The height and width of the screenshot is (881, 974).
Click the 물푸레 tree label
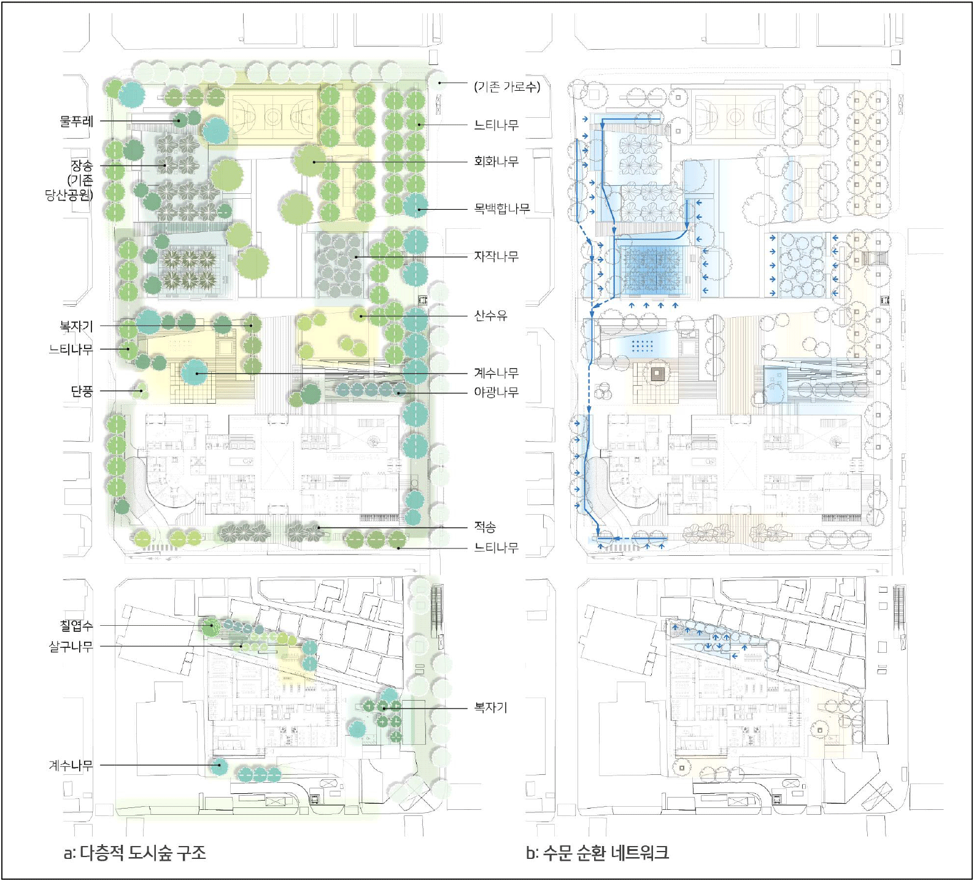click(x=77, y=121)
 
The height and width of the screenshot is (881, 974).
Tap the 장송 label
click(x=82, y=166)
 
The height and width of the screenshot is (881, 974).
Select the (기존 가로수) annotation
click(x=507, y=87)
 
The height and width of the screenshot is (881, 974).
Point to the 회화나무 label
click(x=496, y=161)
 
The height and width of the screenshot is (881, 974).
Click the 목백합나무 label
click(x=501, y=209)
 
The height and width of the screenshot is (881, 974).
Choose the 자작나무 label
click(x=496, y=256)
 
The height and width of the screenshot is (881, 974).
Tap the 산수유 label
click(x=490, y=315)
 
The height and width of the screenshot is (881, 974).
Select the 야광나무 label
click(x=496, y=391)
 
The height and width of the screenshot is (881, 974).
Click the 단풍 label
click(x=82, y=391)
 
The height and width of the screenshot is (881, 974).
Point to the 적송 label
click(x=485, y=526)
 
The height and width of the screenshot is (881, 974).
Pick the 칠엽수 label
click(x=77, y=626)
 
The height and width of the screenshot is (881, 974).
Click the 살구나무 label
click(x=71, y=646)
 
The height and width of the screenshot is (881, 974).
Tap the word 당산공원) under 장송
click(x=69, y=195)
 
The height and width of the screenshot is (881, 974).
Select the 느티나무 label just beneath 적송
click(x=496, y=547)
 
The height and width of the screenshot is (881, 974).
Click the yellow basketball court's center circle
click(x=273, y=114)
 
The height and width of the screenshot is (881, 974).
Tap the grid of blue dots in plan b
click(x=643, y=345)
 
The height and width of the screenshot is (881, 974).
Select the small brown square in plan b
click(x=659, y=372)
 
